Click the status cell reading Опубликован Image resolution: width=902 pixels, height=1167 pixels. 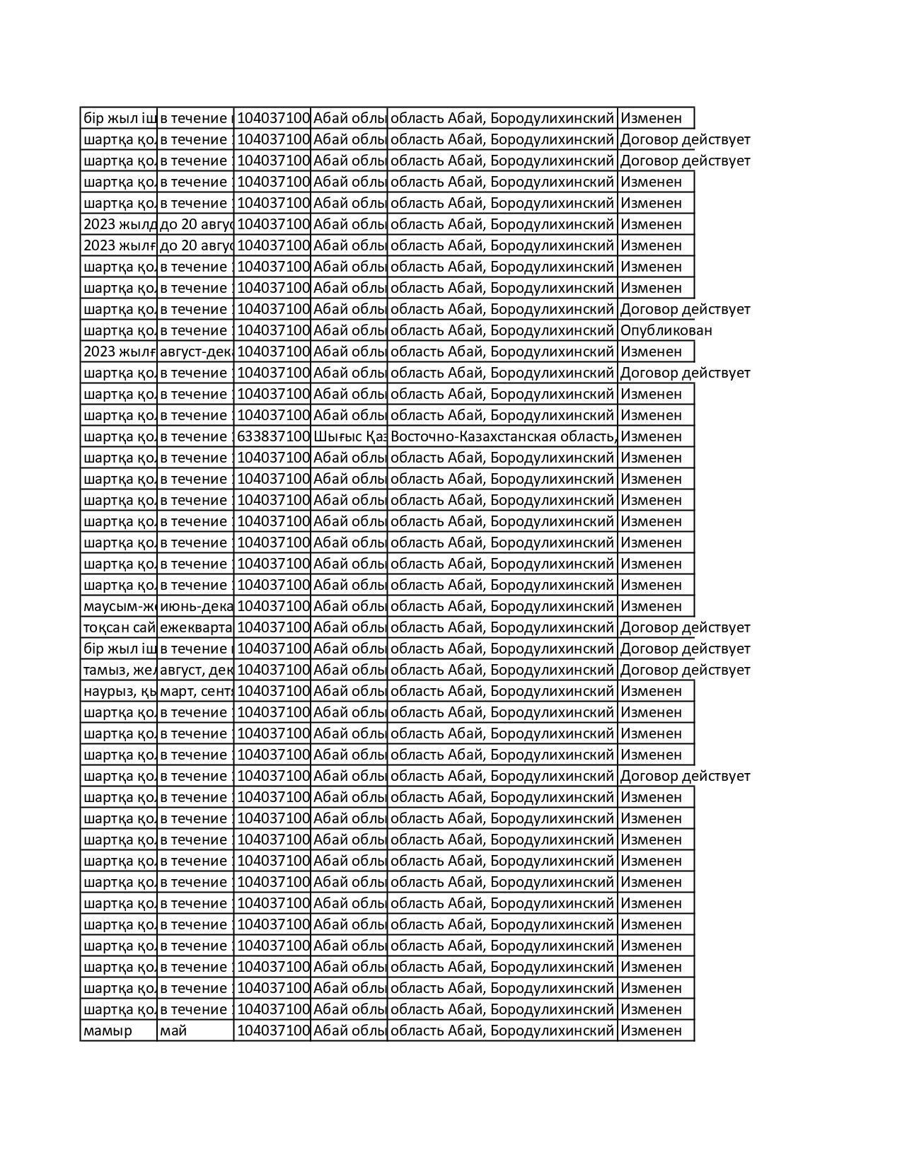coord(666,330)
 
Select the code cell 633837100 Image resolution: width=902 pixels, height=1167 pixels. coord(272,436)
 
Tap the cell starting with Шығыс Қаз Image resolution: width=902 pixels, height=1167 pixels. coord(349,436)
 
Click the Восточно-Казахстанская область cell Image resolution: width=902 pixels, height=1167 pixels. coord(502,436)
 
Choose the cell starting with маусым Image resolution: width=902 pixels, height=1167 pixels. coord(119,606)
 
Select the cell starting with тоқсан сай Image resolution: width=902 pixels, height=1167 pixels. coord(119,627)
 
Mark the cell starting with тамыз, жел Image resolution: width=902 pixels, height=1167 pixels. coord(119,670)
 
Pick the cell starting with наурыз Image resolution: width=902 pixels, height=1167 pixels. coord(119,691)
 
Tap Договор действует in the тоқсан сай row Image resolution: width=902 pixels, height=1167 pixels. coord(685,627)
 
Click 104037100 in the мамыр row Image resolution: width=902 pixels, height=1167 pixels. coord(272,1030)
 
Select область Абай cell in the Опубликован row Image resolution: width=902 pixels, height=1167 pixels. coord(502,330)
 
